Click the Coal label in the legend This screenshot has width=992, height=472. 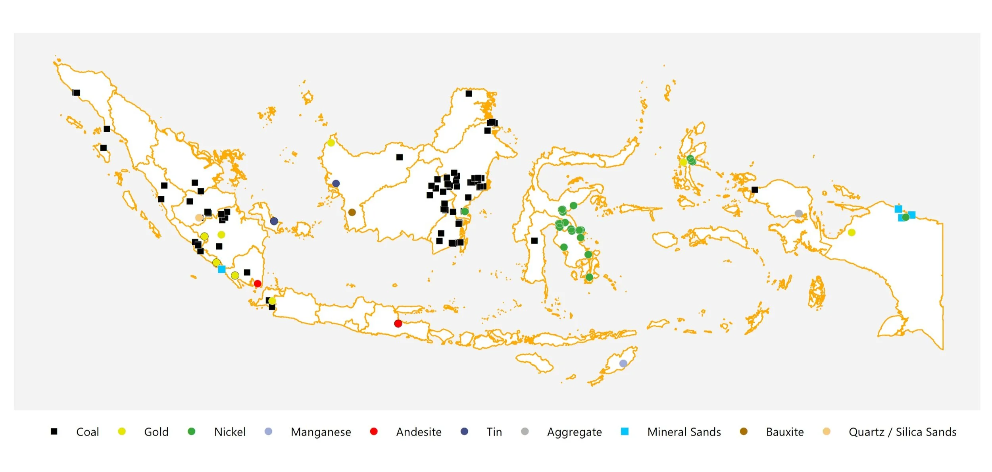87,432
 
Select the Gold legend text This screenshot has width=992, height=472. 156,432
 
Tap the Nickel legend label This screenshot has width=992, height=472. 230,432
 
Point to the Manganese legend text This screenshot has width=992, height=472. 321,432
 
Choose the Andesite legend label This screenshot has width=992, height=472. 419,432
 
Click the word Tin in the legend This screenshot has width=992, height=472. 494,432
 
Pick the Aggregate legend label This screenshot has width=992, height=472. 574,432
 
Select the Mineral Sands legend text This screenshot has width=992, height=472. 684,432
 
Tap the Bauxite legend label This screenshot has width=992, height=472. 784,432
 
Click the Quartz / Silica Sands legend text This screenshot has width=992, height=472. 902,432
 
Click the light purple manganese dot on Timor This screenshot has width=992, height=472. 623,364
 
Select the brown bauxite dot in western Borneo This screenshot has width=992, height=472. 352,212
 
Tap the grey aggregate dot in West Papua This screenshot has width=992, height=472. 798,214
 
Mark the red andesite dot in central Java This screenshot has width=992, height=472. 398,324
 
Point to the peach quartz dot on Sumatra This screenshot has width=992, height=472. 199,218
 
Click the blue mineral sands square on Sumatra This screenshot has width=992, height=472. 222,269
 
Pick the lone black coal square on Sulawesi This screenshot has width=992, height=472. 534,241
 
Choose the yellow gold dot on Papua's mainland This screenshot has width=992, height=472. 851,233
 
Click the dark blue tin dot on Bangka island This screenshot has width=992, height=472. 274,221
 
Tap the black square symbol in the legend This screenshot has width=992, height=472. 54,432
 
